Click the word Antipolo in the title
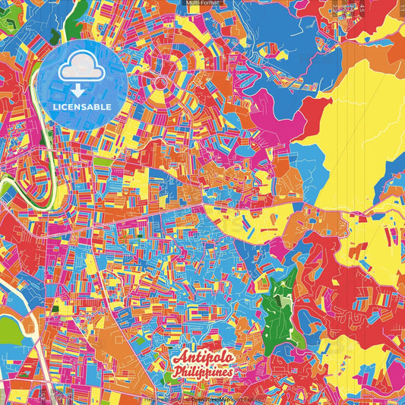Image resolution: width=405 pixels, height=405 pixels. tap(203, 358)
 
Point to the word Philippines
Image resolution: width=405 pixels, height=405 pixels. tap(204, 372)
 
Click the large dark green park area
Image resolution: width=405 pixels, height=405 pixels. tap(279, 304)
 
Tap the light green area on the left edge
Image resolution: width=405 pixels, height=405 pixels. tap(8, 330)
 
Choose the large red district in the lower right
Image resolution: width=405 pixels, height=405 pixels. tap(334, 296)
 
